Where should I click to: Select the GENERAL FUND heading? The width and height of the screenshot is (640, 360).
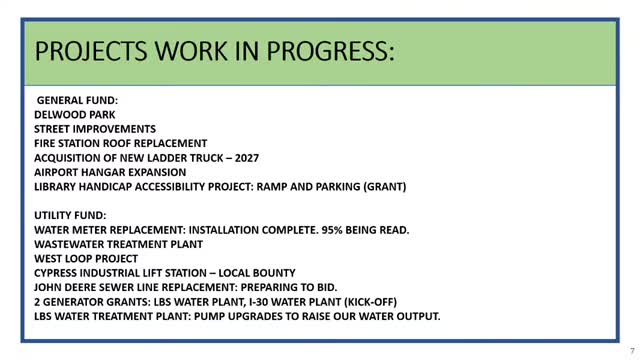(78, 101)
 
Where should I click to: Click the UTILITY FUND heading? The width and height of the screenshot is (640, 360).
(72, 215)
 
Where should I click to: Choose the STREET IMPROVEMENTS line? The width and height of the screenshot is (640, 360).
(95, 129)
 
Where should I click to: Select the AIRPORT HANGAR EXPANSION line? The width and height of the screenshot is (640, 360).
(110, 172)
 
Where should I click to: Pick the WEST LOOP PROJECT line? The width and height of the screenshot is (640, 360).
(86, 258)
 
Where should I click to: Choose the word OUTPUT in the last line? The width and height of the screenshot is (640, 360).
(414, 316)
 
